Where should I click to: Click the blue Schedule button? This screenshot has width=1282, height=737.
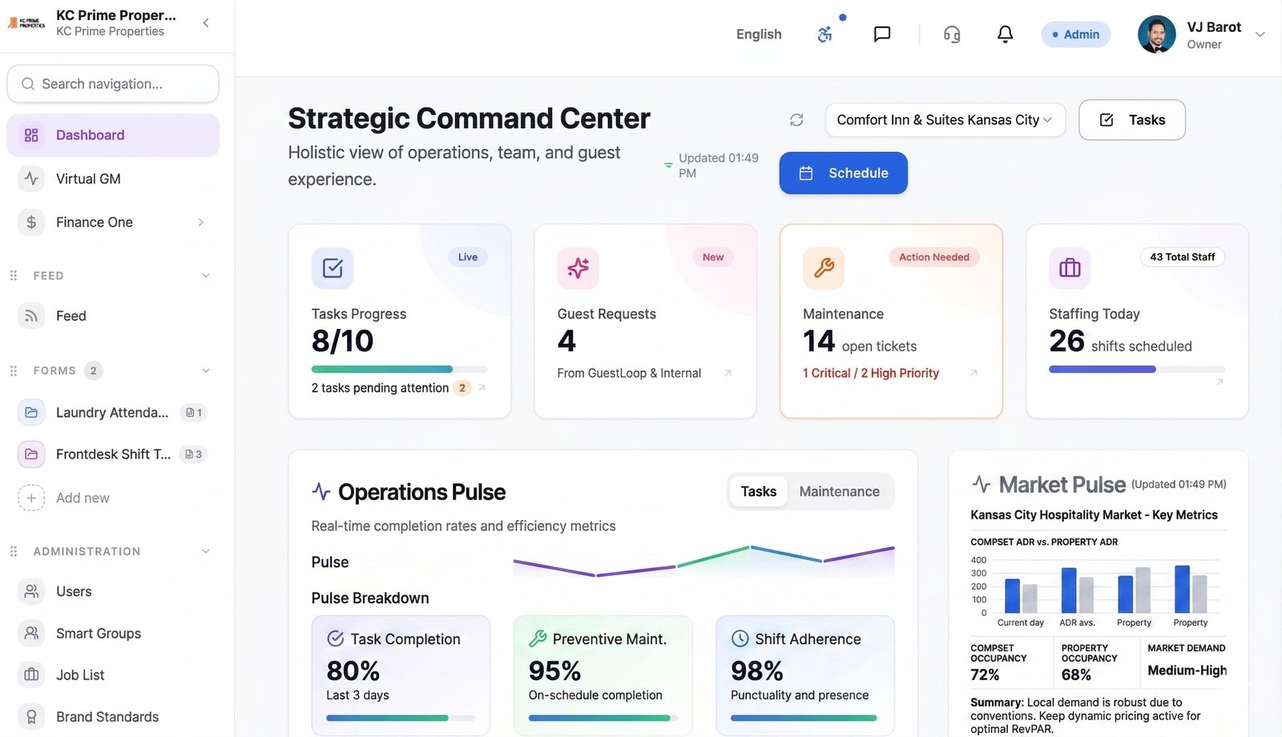(843, 173)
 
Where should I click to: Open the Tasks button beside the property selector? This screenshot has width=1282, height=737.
(1131, 120)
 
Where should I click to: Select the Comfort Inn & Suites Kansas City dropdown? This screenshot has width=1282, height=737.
(945, 120)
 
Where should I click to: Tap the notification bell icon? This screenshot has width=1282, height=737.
(1005, 34)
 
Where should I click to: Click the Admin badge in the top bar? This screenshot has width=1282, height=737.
(1075, 34)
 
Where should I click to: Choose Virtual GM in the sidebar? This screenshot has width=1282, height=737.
(88, 179)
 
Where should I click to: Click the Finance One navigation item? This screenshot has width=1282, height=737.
(95, 222)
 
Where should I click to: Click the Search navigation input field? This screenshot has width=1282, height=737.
(113, 84)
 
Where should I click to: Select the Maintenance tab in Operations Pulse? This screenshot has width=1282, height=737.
(839, 492)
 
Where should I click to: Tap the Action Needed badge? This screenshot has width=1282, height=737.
(933, 257)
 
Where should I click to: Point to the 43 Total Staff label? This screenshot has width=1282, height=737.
(1182, 257)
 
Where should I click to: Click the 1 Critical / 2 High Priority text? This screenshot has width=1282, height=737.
(871, 373)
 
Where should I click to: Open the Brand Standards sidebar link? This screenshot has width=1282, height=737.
(107, 717)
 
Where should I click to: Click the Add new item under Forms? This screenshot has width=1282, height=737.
(83, 498)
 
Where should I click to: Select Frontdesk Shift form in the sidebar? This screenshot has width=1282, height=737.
(113, 454)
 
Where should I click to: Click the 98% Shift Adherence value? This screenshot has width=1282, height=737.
(756, 671)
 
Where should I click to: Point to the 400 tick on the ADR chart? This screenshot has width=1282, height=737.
(978, 560)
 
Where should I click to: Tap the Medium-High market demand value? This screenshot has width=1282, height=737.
(1187, 671)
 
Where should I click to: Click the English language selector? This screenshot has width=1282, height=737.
(758, 34)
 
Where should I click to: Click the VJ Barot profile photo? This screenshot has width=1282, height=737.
(1156, 34)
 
